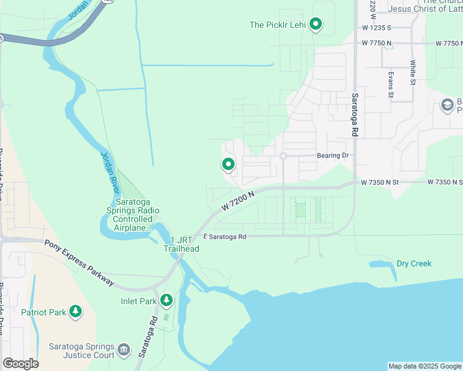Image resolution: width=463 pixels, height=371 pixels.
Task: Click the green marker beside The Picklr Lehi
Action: (316, 25)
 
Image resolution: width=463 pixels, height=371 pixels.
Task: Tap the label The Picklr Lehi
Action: (277, 25)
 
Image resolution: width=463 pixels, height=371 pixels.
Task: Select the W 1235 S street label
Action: (378, 28)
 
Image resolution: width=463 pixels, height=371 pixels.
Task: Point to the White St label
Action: (412, 72)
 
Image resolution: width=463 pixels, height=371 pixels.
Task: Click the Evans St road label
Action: (391, 84)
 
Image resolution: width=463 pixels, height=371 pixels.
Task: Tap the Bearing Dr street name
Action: (333, 156)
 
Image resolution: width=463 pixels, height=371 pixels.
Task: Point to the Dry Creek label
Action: (414, 263)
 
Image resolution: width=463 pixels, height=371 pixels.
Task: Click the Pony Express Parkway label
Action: (79, 262)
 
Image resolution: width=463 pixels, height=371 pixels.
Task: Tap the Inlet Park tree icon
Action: (166, 301)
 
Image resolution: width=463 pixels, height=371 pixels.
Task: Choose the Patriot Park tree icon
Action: (76, 311)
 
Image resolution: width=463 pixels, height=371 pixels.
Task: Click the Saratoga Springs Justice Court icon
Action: (124, 350)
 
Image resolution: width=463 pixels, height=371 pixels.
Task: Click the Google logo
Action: (20, 363)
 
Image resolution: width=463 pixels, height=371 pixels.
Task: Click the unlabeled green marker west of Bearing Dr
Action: (228, 164)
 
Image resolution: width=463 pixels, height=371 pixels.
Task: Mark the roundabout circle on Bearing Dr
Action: (283, 156)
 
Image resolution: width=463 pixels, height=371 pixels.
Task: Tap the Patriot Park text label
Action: (43, 312)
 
